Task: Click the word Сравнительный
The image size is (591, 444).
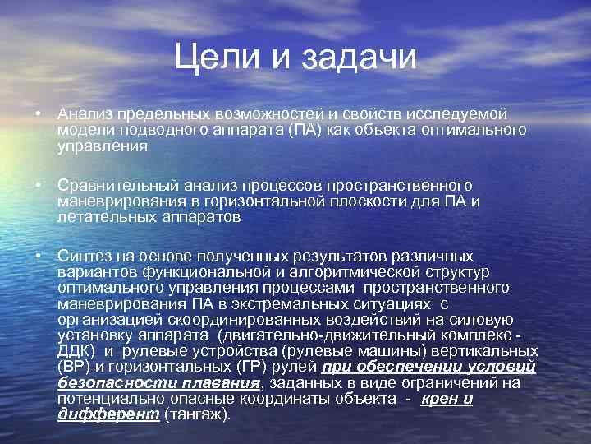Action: click(x=123, y=185)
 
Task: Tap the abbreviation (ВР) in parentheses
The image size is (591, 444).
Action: click(x=75, y=368)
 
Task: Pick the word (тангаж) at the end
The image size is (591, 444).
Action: click(x=197, y=414)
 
